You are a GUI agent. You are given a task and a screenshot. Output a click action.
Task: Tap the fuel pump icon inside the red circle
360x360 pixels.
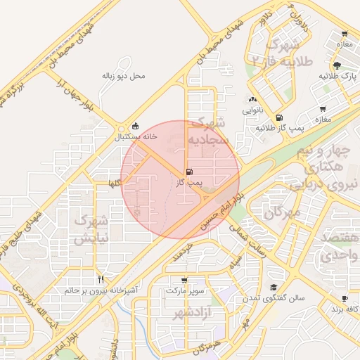[x=188, y=172]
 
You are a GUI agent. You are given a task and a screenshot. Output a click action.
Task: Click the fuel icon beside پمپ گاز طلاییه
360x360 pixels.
[x=280, y=117]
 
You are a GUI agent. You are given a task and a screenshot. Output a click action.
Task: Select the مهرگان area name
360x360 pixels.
[x=282, y=210]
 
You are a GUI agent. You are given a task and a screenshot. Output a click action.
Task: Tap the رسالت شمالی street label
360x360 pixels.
[x=247, y=243]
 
